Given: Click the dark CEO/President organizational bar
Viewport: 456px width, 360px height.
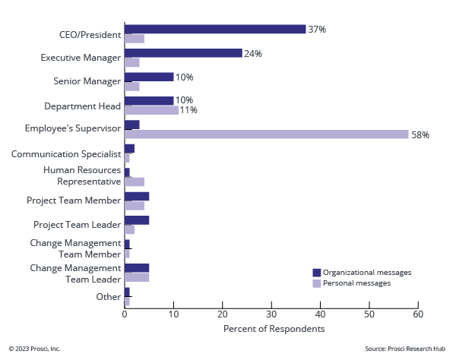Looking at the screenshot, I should click(215, 29).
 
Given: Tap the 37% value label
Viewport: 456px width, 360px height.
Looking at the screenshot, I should click(317, 29).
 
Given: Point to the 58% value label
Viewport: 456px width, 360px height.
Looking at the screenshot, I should click(420, 135).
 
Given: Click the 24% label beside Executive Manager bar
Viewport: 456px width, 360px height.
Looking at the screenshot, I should click(253, 54).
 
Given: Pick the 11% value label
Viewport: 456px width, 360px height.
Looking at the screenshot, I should click(188, 110).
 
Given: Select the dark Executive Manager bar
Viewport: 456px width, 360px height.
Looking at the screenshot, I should click(183, 53).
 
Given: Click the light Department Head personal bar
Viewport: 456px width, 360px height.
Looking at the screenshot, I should click(151, 110).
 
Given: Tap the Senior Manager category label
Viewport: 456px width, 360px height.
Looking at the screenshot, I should click(87, 81).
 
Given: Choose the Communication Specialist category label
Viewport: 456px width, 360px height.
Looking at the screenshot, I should click(66, 153).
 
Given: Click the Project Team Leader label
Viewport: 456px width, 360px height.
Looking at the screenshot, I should click(77, 225).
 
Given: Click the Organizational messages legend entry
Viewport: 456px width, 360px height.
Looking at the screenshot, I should click(367, 272).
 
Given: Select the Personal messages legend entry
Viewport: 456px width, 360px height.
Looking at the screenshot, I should click(356, 283).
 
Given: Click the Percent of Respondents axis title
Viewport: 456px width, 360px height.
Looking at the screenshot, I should click(274, 329).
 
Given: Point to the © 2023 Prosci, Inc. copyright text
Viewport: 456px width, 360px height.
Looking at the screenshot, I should click(35, 349).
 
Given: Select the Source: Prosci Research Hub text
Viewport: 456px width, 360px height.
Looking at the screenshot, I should click(405, 349).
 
